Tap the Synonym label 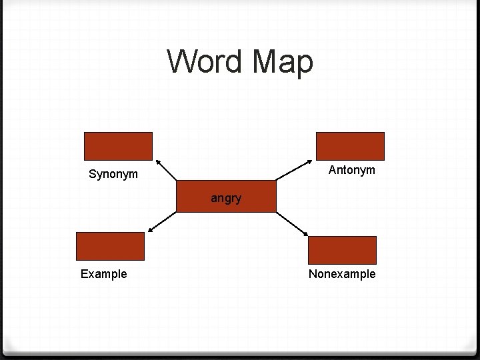[113, 175]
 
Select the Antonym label [352, 170]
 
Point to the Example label [104, 274]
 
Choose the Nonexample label [342, 274]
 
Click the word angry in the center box [226, 198]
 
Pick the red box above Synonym [118, 146]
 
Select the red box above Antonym [350, 146]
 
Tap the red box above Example [110, 245]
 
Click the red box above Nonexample [343, 250]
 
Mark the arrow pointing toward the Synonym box [167, 171]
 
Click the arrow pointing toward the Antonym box [294, 171]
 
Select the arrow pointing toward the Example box [162, 222]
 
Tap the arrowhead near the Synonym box [157, 162]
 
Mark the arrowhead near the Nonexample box [306, 234]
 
